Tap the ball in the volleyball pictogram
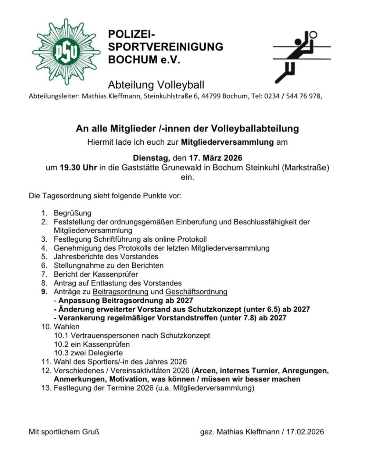click(313, 35)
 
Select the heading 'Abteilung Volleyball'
click(156, 85)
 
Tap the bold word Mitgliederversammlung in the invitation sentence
click(227, 142)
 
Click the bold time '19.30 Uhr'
click(78, 168)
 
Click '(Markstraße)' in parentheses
click(305, 168)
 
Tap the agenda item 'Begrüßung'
click(73, 213)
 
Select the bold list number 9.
click(44, 292)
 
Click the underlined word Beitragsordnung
click(121, 292)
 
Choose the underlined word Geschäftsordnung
click(196, 292)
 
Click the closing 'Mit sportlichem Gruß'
click(64, 432)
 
